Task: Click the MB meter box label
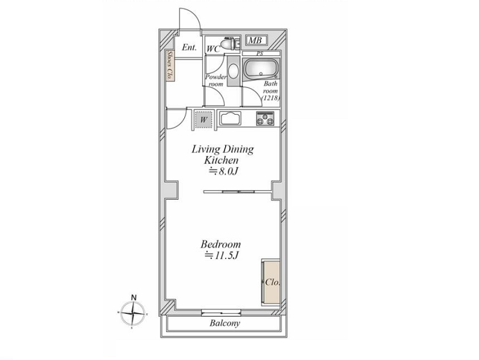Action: (255, 40)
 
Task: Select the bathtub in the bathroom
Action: (261, 69)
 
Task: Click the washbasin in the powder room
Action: (234, 71)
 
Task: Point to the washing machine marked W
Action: (203, 119)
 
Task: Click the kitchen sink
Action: (230, 118)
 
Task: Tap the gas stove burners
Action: (265, 118)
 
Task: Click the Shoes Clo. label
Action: (170, 65)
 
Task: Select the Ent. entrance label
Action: (190, 47)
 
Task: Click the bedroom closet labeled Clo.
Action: (271, 282)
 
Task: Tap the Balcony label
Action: (225, 323)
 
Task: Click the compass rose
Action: (133, 313)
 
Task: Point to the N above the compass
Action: (133, 297)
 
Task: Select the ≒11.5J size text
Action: (221, 255)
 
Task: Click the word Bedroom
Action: (220, 244)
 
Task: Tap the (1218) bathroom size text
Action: (271, 98)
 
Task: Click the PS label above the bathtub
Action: (260, 54)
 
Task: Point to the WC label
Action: (213, 49)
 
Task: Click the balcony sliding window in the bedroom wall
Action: (221, 312)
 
